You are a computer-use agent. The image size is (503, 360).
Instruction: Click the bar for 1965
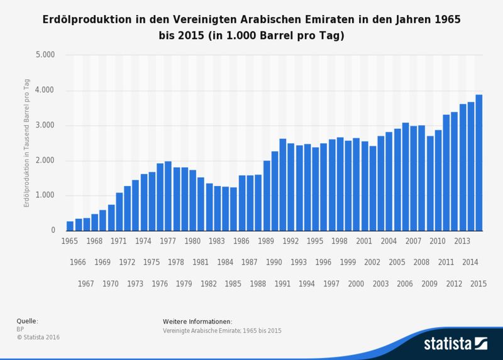click(70, 226)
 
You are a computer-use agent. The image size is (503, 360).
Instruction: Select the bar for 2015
click(478, 163)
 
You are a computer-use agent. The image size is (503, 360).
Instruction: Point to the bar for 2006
click(405, 177)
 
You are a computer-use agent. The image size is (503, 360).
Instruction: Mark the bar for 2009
click(429, 183)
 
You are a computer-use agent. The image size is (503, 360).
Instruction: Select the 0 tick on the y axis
click(53, 231)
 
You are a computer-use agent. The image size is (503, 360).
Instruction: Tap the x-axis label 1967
click(86, 283)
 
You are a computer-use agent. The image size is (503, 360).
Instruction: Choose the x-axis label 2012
click(454, 283)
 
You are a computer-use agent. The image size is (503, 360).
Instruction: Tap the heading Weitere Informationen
click(197, 321)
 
